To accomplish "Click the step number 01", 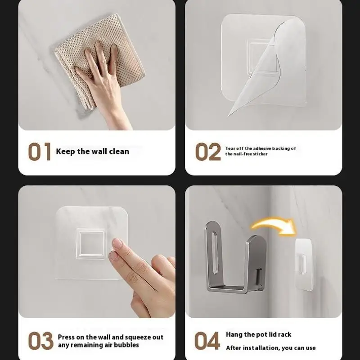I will pyautogui.click(x=40, y=152).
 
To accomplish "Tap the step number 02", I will pyautogui.click(x=208, y=152).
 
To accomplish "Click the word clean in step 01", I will pyautogui.click(x=118, y=152).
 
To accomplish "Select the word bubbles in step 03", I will pyautogui.click(x=126, y=345).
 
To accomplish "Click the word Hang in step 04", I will pyautogui.click(x=234, y=334).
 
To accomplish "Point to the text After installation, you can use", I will pyautogui.click(x=270, y=347).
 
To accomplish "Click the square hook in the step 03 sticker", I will pyautogui.click(x=91, y=243).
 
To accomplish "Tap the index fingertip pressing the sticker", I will pyautogui.click(x=117, y=244).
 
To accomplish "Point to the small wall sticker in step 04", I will pyautogui.click(x=305, y=259).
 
